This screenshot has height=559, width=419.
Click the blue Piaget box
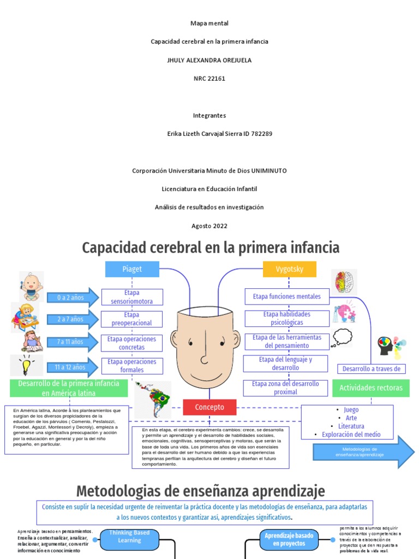[x=131, y=269]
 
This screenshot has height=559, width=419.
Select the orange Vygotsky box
[x=290, y=269]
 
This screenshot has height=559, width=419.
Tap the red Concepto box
[x=210, y=407]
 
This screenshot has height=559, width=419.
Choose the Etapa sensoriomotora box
[x=132, y=297]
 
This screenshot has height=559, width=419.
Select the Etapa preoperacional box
[x=132, y=319]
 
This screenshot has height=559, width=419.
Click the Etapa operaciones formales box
[x=132, y=366]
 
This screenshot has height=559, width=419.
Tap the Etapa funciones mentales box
[x=287, y=296]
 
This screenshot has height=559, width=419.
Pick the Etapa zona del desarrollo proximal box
[x=285, y=388]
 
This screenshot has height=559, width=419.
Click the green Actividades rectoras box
[x=370, y=388]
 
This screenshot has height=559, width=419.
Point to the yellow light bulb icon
[x=26, y=365]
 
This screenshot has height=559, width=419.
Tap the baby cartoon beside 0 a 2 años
[x=32, y=286]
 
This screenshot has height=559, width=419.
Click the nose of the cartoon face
[x=204, y=358]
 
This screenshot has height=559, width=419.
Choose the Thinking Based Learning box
[x=129, y=537]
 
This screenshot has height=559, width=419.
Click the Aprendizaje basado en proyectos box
[x=289, y=539]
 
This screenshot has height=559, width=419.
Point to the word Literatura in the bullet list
[x=351, y=426]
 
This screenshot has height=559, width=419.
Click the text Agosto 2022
[x=209, y=226]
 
